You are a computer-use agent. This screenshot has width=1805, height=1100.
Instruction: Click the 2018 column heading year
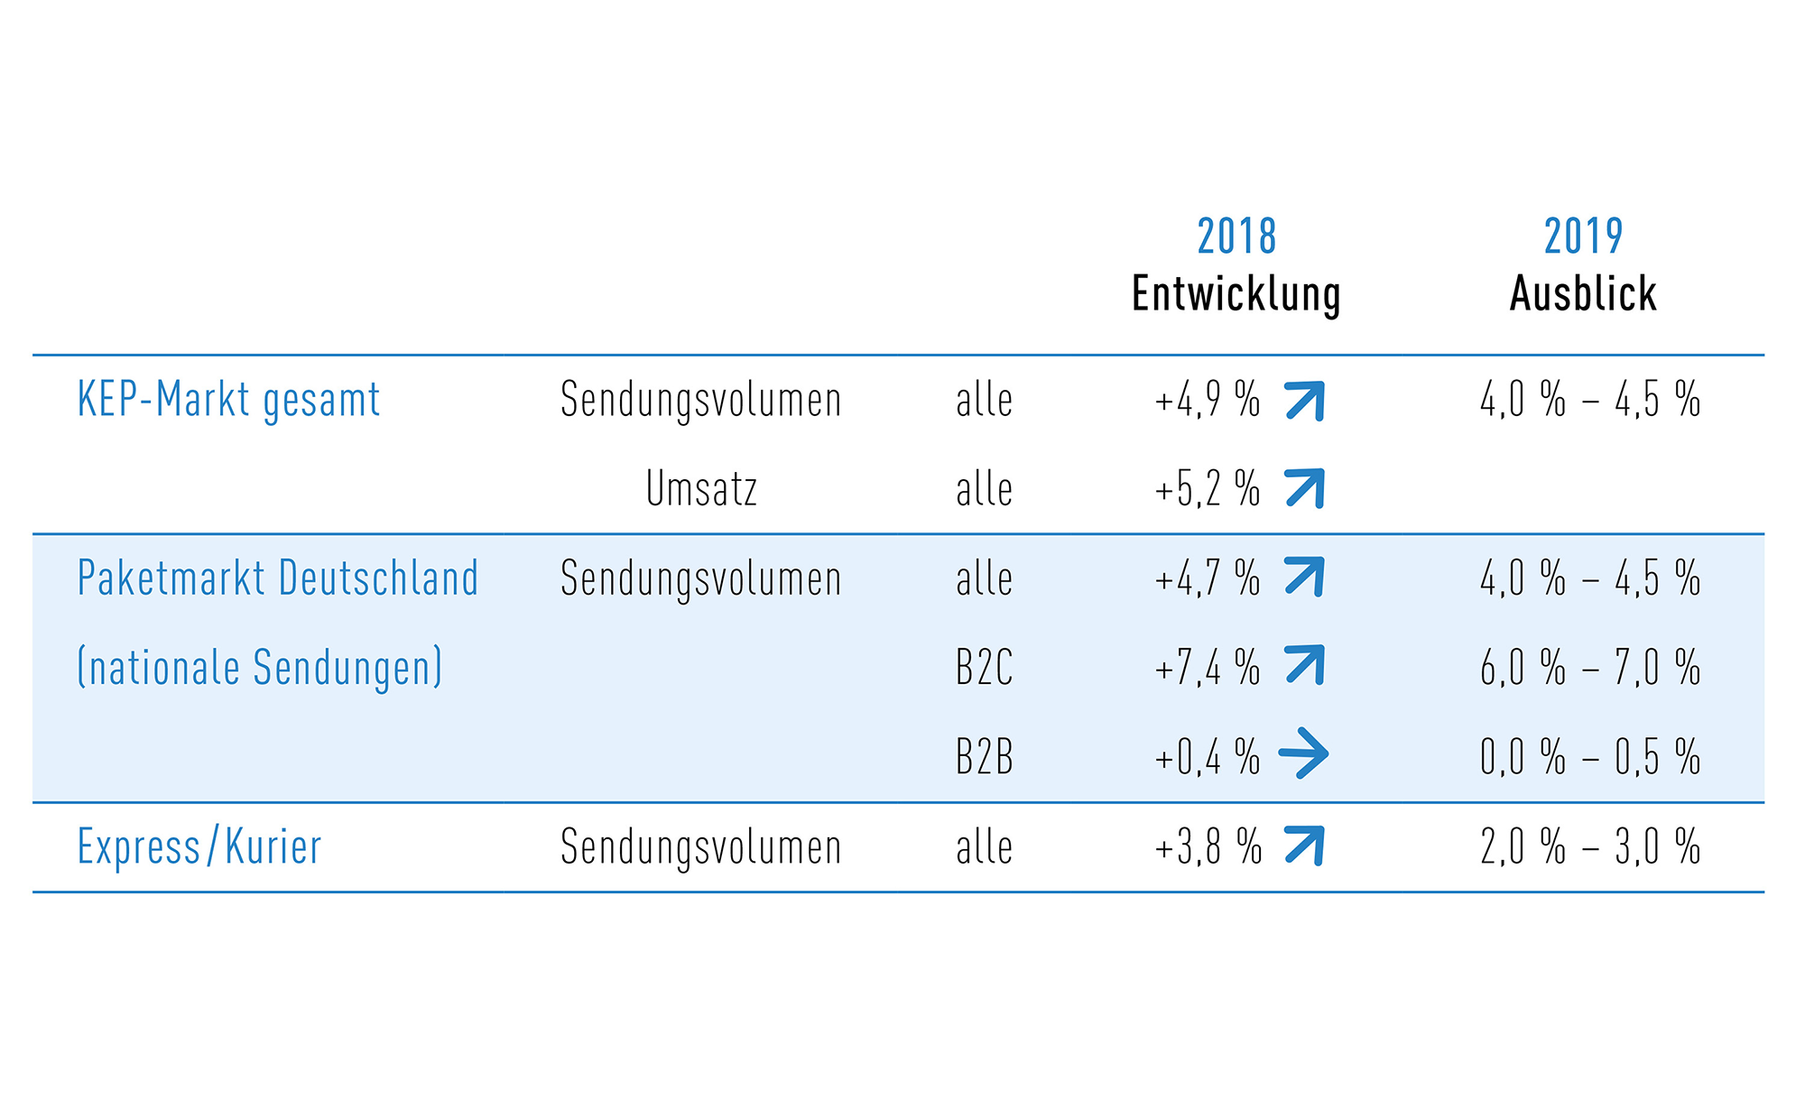(x=1236, y=236)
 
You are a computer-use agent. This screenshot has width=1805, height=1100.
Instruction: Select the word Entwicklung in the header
(x=1236, y=294)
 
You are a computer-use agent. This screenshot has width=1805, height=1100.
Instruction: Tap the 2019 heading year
(x=1583, y=236)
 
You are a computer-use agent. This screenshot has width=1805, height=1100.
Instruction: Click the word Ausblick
(x=1583, y=293)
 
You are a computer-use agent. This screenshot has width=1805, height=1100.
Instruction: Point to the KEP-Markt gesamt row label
(x=228, y=399)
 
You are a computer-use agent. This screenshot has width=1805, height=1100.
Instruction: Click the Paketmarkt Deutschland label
(x=278, y=578)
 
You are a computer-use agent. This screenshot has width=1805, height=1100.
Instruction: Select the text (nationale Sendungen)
(x=260, y=667)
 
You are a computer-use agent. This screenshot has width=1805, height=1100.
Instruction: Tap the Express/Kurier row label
(x=199, y=846)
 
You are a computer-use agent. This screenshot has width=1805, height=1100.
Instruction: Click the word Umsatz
(x=701, y=488)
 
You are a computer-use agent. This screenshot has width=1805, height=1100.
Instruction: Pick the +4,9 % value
(x=1207, y=399)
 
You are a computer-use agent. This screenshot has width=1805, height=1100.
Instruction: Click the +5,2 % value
(x=1207, y=488)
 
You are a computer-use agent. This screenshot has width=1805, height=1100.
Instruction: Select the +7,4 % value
(x=1207, y=668)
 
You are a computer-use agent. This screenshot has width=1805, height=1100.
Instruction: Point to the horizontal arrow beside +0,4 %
(x=1304, y=753)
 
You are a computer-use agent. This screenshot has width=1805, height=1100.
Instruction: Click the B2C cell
(x=984, y=668)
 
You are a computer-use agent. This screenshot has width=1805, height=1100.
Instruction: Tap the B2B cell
(x=984, y=756)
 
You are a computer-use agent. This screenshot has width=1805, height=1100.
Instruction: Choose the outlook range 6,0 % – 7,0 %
(x=1590, y=668)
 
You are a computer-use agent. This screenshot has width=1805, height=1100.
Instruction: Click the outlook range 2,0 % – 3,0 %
(x=1590, y=846)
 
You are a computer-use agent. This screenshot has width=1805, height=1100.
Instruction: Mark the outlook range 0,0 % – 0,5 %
(x=1590, y=756)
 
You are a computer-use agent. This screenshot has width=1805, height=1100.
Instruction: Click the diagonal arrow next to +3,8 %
(x=1304, y=846)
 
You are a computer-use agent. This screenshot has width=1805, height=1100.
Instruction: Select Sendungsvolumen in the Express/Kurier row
(x=700, y=847)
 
